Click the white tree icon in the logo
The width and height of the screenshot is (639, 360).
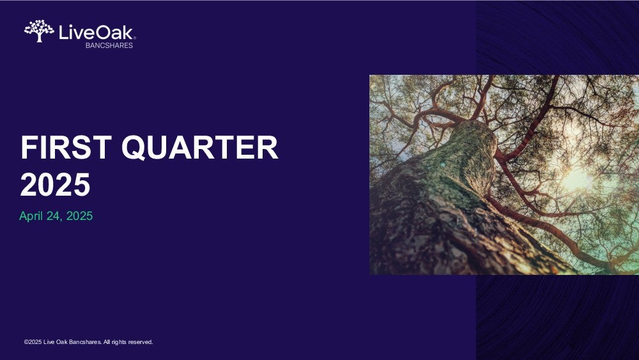(x=39, y=31)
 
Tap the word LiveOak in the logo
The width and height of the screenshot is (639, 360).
(x=96, y=32)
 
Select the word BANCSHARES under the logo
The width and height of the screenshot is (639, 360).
(x=109, y=45)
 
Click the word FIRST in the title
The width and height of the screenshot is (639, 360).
(x=66, y=147)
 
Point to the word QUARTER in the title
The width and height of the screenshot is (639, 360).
(x=199, y=148)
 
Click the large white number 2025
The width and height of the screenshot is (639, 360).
(x=55, y=185)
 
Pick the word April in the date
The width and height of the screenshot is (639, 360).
(x=31, y=216)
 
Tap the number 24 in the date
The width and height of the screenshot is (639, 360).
(x=53, y=216)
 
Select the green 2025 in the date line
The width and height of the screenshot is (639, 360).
(x=79, y=216)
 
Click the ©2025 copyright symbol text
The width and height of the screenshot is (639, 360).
(x=33, y=342)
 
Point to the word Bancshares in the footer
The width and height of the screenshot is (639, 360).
(x=85, y=342)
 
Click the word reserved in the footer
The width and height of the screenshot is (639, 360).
(x=141, y=342)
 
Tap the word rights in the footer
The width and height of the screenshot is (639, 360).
(x=119, y=342)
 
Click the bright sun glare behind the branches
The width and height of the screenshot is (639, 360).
(x=576, y=180)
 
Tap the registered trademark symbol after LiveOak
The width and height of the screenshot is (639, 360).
(x=134, y=38)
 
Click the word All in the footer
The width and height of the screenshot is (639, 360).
(x=106, y=342)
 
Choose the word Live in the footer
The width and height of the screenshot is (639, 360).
(x=49, y=342)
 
